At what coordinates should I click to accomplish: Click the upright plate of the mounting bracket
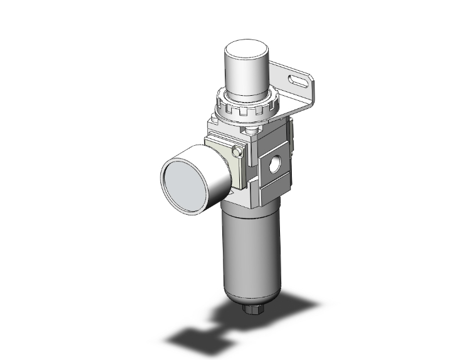(307, 94)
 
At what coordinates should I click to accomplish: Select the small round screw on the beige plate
(237, 152)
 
